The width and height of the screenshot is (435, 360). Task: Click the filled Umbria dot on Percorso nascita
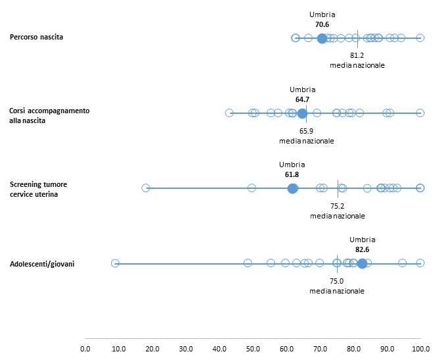tap(322, 38)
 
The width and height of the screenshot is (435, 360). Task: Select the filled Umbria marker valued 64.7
tap(302, 113)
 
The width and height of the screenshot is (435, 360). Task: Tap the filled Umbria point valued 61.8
tap(292, 188)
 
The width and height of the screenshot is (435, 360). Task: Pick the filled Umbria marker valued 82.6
tap(362, 263)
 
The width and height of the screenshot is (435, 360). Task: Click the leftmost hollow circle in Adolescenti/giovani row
tap(115, 263)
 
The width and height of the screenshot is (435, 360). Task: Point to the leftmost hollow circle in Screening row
tap(146, 188)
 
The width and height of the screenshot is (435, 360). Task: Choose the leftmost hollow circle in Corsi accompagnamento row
tap(229, 113)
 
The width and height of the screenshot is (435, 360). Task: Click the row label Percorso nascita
tap(37, 38)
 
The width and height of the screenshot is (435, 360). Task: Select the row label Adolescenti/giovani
tap(42, 264)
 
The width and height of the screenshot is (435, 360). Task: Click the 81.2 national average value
tap(357, 55)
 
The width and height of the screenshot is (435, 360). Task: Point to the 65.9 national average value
tap(307, 131)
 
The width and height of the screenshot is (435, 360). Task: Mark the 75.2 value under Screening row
tap(338, 206)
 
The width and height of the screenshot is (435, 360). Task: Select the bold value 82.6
tap(363, 249)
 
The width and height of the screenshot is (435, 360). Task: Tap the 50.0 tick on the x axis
tap(253, 348)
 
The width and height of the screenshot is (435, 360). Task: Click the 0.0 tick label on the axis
tap(85, 348)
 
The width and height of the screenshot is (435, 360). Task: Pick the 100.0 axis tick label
tap(421, 348)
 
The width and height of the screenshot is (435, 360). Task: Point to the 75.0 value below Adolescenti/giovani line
tap(337, 281)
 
